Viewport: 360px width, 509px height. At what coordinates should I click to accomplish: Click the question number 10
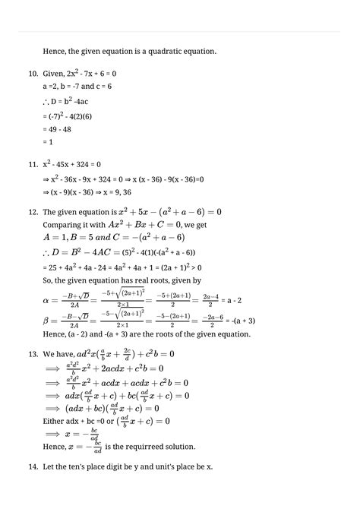[32, 74]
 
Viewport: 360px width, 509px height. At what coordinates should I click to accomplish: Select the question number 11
[32, 164]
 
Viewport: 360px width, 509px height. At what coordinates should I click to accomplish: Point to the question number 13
[32, 354]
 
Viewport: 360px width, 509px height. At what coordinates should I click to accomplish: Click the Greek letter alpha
[46, 301]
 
